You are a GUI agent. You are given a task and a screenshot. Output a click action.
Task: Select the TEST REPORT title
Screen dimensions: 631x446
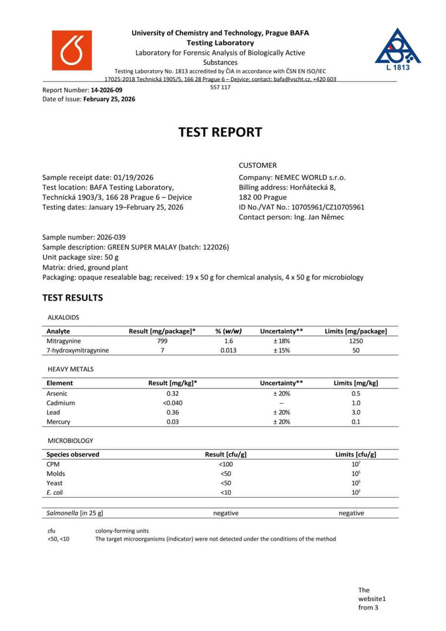(220, 132)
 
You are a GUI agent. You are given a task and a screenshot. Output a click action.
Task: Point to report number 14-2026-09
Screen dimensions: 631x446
(107, 90)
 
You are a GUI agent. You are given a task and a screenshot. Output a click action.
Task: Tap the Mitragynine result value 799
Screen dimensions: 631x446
(162, 340)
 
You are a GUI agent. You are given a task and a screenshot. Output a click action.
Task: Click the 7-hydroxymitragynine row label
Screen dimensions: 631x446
(77, 350)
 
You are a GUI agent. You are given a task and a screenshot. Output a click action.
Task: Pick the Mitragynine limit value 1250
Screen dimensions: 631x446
(356, 340)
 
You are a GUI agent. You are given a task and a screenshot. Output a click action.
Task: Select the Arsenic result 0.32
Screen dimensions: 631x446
(173, 393)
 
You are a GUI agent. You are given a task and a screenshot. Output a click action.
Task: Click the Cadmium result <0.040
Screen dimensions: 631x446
(173, 403)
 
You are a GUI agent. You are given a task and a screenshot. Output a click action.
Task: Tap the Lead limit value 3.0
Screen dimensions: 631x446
(356, 413)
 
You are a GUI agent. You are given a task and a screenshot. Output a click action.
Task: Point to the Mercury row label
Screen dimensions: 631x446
(58, 422)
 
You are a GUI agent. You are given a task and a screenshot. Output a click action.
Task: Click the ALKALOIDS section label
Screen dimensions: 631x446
(63, 317)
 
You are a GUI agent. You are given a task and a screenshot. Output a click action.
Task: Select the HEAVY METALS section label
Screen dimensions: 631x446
(70, 369)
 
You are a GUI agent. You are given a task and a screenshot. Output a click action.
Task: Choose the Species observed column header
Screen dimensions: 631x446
(73, 454)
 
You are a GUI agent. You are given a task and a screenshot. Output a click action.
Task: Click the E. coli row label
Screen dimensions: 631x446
(55, 492)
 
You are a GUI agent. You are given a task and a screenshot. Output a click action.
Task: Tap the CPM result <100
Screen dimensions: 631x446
(225, 464)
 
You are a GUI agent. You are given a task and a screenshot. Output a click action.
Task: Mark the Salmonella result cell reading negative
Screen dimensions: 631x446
(225, 513)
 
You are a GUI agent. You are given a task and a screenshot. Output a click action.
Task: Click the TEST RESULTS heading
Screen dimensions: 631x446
(72, 298)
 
